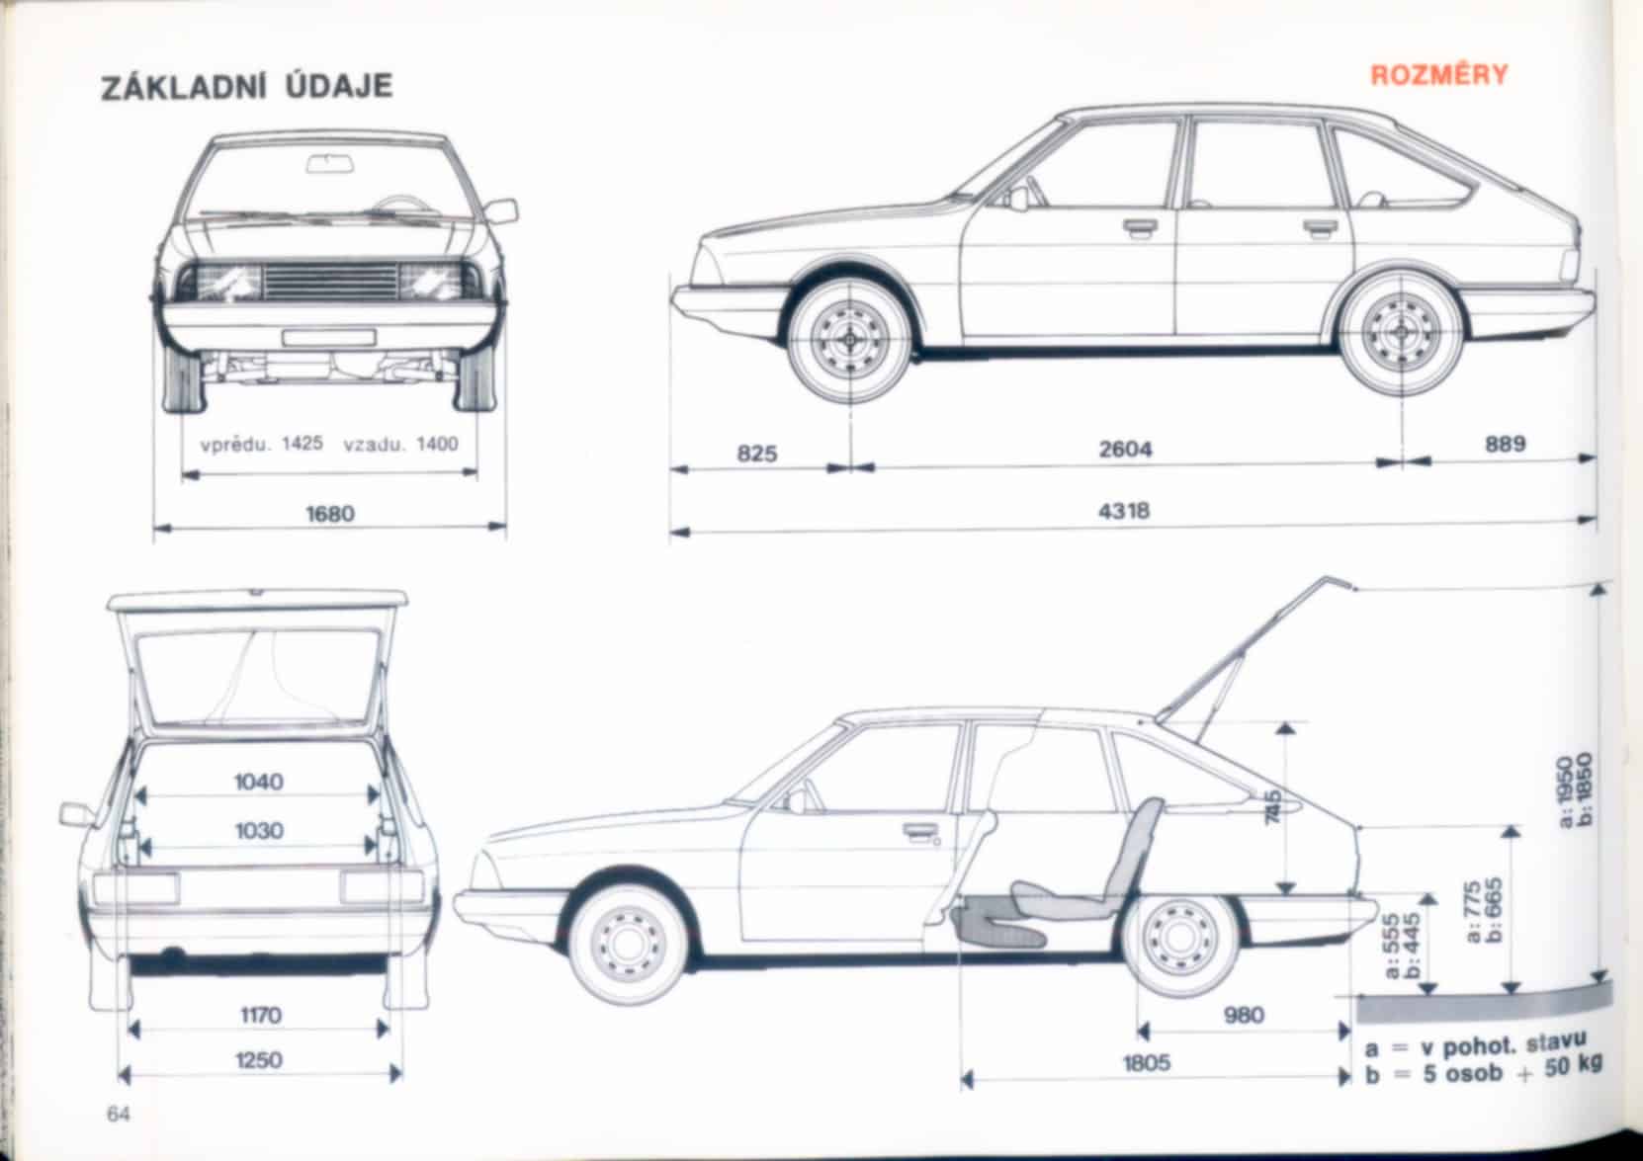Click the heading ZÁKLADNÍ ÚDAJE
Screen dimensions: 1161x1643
[x=247, y=86]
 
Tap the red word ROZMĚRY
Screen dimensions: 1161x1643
[x=1438, y=76]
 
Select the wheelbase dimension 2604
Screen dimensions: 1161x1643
[x=1126, y=450]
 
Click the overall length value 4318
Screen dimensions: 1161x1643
[x=1125, y=512]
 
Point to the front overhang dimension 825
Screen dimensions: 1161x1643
[x=757, y=454]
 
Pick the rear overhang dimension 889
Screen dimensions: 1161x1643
[x=1506, y=445]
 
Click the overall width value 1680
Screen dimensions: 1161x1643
[x=330, y=514]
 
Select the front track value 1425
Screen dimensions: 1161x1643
[x=303, y=444]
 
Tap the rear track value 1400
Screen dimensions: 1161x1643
[x=437, y=444]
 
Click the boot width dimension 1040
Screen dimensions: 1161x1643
[x=259, y=783]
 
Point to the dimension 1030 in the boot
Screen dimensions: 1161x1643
[x=259, y=831]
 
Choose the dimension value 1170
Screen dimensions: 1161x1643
[x=261, y=1015]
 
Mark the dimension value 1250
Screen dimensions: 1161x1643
[x=259, y=1060]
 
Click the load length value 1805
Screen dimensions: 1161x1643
[x=1147, y=1063]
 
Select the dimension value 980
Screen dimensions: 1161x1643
[x=1244, y=1016]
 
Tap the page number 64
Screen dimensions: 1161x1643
[x=120, y=1115]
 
